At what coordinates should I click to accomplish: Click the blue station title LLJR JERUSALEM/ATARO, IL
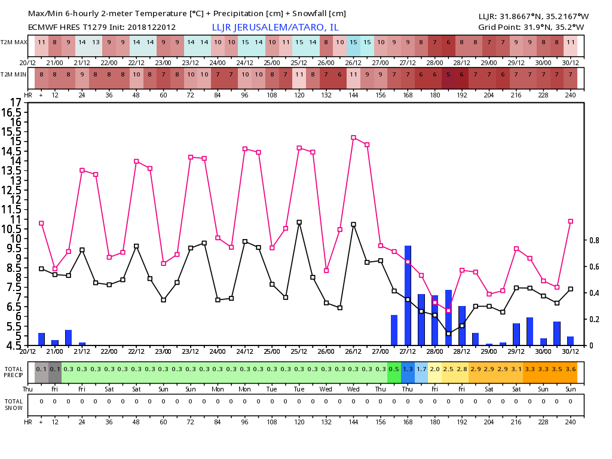(275, 27)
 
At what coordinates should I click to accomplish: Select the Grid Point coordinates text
(531, 27)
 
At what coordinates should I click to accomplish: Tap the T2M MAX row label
(14, 42)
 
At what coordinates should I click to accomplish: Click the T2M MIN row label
(14, 74)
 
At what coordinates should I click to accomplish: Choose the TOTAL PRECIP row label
(14, 372)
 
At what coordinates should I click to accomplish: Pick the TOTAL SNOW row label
(14, 404)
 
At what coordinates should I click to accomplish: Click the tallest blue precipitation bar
(408, 295)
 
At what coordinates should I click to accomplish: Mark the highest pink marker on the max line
(353, 137)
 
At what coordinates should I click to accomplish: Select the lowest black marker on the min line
(448, 333)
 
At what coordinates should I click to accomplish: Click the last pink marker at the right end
(571, 221)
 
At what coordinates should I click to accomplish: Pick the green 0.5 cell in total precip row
(394, 369)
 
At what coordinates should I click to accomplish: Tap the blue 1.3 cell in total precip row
(408, 369)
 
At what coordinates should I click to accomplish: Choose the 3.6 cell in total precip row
(571, 369)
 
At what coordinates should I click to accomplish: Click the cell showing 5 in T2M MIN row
(448, 74)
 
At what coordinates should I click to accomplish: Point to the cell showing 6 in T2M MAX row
(448, 42)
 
